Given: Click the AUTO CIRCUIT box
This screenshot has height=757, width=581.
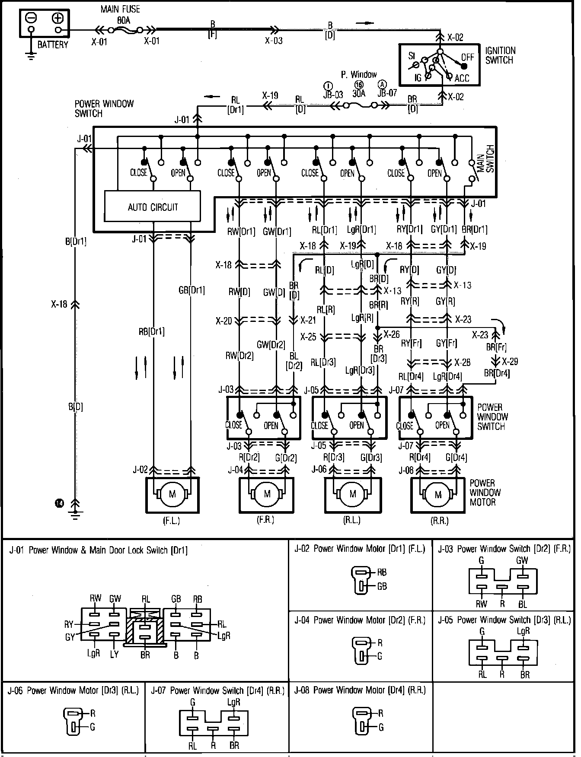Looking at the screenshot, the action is (x=153, y=207).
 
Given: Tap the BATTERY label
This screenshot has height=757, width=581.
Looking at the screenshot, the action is (x=53, y=45).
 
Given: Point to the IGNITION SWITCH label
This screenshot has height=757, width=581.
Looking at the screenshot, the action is (x=501, y=55).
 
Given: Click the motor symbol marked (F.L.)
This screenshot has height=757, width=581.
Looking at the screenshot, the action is (x=172, y=494).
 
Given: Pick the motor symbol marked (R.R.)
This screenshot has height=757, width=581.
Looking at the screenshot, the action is (x=438, y=494).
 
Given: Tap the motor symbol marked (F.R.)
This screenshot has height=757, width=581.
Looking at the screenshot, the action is (x=267, y=494).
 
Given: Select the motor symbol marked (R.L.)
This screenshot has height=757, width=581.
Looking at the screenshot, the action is (x=352, y=494).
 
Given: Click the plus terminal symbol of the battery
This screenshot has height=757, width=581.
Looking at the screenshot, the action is (x=58, y=18).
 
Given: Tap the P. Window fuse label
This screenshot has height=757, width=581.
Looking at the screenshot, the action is (x=359, y=75).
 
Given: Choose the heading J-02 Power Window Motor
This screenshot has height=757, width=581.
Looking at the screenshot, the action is (x=360, y=549).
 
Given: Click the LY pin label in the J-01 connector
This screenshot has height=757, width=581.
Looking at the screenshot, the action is (x=114, y=655).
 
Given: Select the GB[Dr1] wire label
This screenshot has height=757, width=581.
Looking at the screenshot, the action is (x=192, y=290).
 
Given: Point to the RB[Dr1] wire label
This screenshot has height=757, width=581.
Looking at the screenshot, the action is (x=151, y=332).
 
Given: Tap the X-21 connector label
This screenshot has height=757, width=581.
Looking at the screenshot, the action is (x=308, y=321).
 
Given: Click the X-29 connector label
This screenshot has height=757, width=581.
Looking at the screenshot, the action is (x=510, y=361).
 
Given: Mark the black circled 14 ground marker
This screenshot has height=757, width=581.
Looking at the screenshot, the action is (x=59, y=503).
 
